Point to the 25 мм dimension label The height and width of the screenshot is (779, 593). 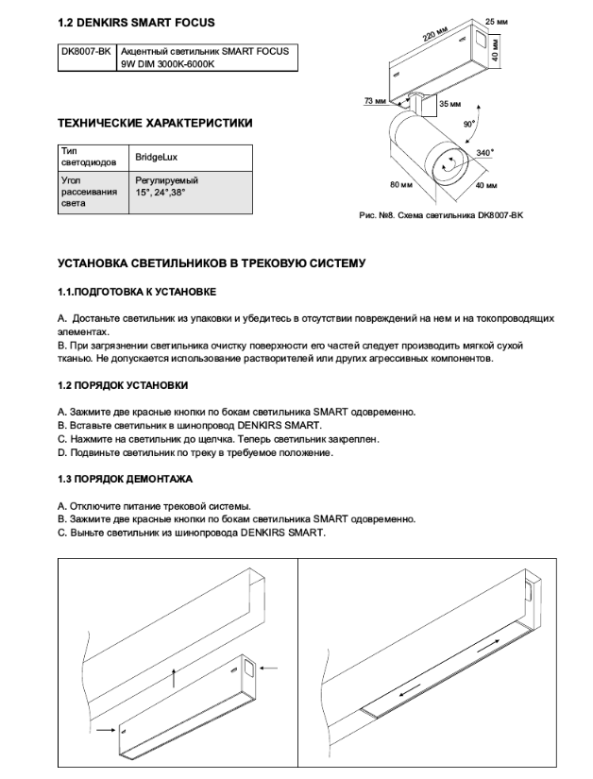(497, 21)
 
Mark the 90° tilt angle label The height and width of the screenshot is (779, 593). (469, 124)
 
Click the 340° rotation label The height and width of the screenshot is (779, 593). (484, 151)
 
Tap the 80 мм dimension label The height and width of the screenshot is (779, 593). (401, 183)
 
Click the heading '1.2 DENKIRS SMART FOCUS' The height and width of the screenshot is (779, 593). (135, 22)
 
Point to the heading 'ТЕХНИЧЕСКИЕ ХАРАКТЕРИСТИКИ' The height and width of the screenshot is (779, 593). (155, 123)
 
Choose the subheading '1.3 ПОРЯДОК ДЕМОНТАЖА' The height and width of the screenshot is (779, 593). (125, 480)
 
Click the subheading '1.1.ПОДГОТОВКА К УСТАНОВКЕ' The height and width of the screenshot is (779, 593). (138, 292)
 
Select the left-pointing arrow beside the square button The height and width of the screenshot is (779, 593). (268, 668)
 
